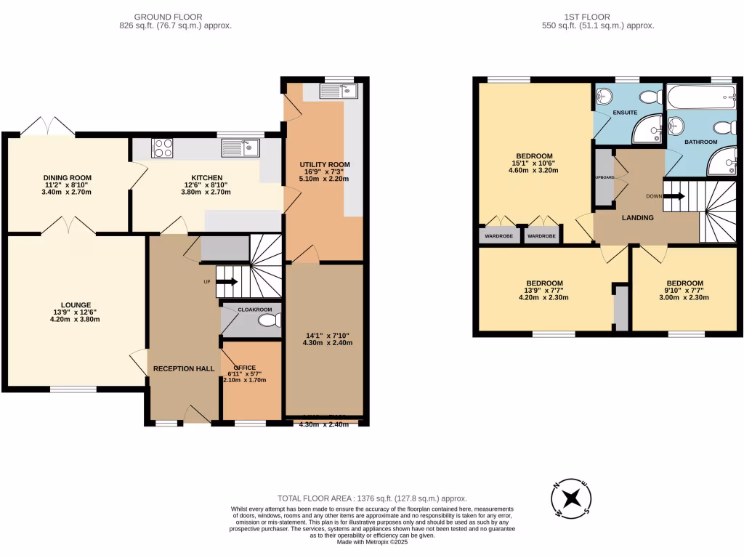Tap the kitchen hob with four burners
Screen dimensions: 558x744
[x=162, y=147]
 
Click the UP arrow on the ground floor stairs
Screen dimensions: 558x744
[x=227, y=281]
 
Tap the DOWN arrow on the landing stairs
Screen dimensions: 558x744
[x=674, y=195]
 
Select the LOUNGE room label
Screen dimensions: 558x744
[x=76, y=304]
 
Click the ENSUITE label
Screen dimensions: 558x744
[x=624, y=113]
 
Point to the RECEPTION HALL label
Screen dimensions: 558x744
[x=183, y=369]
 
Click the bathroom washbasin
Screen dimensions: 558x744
[x=676, y=126]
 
